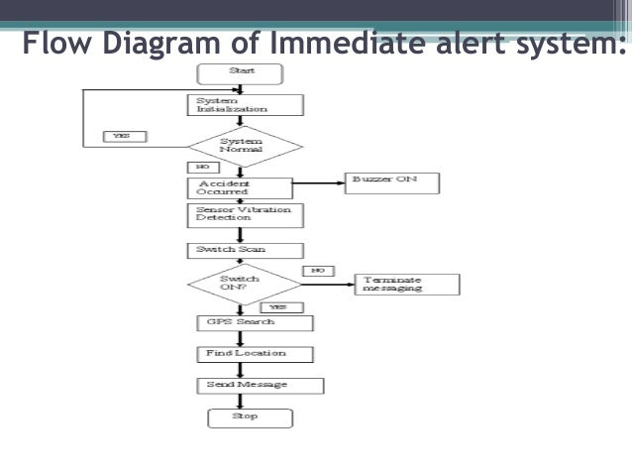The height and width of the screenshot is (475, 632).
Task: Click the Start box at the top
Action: pos(241,72)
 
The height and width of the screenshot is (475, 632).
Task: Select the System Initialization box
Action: pos(244,104)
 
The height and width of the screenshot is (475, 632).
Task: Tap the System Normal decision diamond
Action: pos(241,146)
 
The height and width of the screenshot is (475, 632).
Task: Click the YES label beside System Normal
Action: pos(124,136)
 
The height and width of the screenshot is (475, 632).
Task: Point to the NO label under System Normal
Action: pos(202,168)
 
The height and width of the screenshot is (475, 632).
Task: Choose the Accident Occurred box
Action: pos(239,186)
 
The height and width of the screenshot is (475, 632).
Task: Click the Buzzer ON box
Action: pos(390,181)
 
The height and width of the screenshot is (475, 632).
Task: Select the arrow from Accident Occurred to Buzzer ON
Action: pos(317,182)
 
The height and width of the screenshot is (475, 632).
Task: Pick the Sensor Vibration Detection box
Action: pos(245,215)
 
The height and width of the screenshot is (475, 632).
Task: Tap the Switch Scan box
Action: pos(245,250)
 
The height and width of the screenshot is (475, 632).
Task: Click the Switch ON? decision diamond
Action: pos(242,284)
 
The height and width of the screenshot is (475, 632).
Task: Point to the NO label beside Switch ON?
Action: pos(318,270)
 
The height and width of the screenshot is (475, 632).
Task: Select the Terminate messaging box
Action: pos(406,284)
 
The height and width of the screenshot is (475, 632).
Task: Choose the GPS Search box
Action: pos(254,322)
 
